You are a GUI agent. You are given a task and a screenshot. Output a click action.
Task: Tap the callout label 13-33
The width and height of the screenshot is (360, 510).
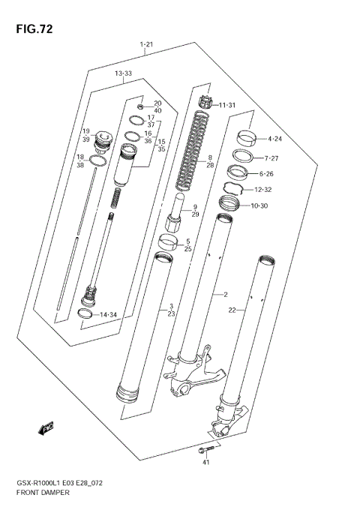point(123,73)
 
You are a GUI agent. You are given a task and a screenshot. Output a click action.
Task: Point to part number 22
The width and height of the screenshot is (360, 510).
point(232,310)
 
